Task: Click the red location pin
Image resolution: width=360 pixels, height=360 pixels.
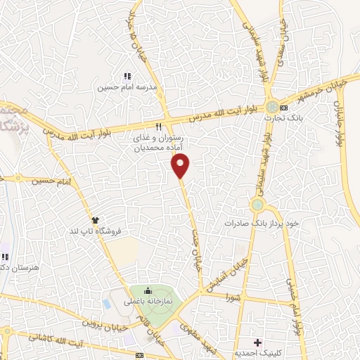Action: pyautogui.click(x=181, y=166)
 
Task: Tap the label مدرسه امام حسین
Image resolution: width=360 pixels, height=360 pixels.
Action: pyautogui.click(x=127, y=87)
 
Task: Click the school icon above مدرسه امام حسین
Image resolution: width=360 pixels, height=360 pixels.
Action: pyautogui.click(x=127, y=76)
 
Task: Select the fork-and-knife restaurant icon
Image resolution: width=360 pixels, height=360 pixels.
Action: pyautogui.click(x=159, y=127)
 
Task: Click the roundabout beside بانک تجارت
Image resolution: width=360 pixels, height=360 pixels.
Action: pyautogui.click(x=271, y=108)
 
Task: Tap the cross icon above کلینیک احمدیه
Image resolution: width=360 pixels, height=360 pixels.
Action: pyautogui.click(x=258, y=342)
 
